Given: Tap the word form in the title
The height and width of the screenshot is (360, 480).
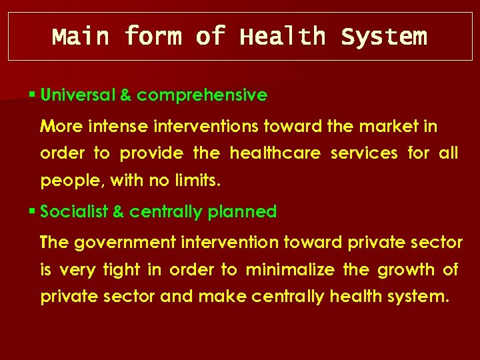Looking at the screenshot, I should tap(153, 36).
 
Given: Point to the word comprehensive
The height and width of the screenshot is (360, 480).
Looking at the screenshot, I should tap(202, 96).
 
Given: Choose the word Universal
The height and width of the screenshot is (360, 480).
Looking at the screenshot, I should tap(77, 95).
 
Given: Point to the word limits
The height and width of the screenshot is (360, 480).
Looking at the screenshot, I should tap(198, 181).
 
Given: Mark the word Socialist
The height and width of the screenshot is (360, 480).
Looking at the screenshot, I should tap(73, 212).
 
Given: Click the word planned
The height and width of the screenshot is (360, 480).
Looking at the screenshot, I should tap(242, 212).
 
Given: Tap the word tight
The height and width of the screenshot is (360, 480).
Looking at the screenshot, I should tap(121, 270).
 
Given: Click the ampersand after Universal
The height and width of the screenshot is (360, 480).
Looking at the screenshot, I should tap(125, 95).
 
